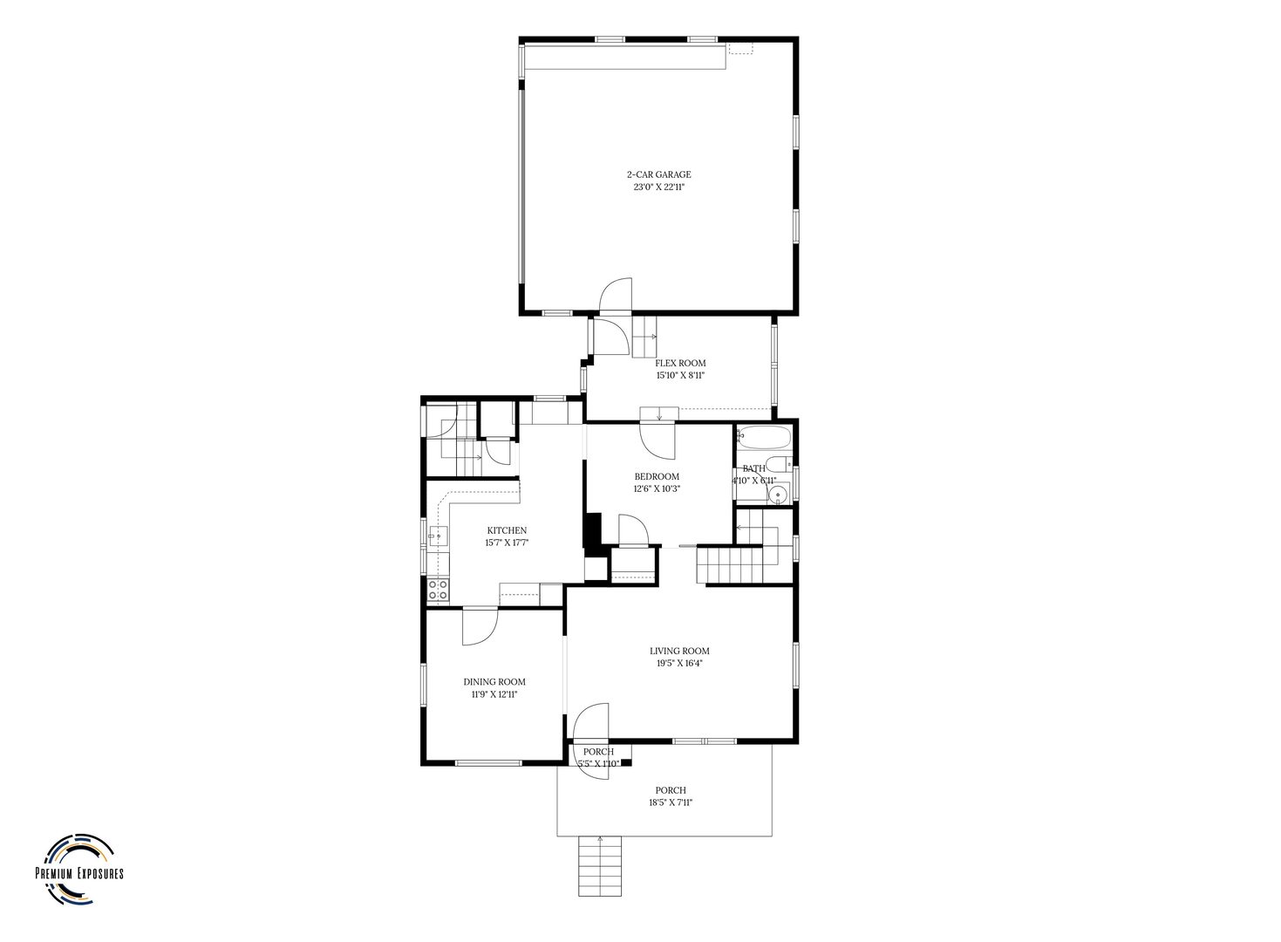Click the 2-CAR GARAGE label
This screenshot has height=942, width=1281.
tap(658, 174)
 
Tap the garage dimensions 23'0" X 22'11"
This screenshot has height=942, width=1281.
tap(658, 187)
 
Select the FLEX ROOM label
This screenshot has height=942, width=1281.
tap(680, 363)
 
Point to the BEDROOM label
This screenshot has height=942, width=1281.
tap(657, 476)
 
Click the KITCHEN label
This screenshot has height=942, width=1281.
tap(507, 531)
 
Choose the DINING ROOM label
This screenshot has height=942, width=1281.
tap(494, 682)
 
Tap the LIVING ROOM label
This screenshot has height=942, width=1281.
tap(679, 651)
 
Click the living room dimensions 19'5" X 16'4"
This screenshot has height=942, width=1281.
tap(679, 664)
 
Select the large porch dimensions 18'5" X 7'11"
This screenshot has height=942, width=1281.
tap(671, 802)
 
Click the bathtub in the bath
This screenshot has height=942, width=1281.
tap(763, 439)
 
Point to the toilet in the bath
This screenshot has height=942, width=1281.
tap(778, 464)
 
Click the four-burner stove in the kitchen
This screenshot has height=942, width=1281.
tap(438, 590)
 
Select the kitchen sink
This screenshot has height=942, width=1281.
tap(438, 536)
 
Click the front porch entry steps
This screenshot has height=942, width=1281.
tap(600, 865)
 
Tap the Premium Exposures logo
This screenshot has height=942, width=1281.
tap(79, 873)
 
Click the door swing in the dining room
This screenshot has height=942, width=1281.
tap(480, 627)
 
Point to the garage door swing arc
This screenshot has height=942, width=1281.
tap(616, 295)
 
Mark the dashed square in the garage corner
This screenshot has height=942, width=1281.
tap(740, 48)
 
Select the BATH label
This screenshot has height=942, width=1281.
tap(753, 469)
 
